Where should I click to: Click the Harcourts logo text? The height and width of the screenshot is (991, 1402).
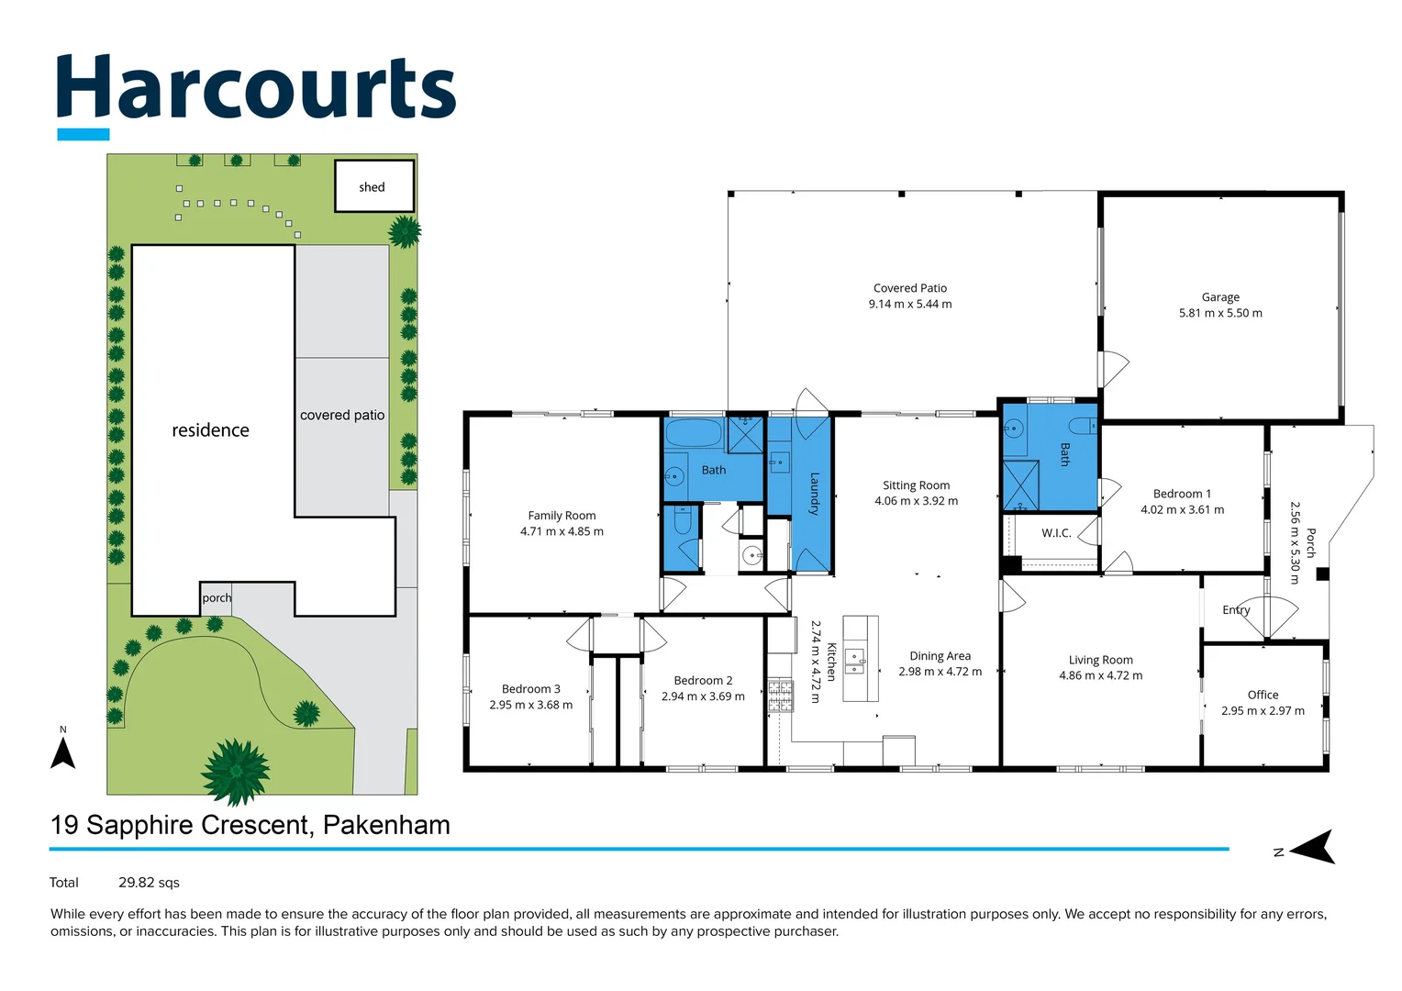pos(256,88)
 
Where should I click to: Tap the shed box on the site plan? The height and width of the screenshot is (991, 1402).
pos(373,186)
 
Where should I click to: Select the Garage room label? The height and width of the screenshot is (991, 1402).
pos(1220,297)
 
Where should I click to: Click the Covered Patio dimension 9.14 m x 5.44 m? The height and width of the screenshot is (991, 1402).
pos(910,305)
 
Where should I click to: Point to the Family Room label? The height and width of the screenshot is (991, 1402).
pos(562,516)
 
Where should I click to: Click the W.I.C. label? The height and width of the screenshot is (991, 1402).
pos(1056,533)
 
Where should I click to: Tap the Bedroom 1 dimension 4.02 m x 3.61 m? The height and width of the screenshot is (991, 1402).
pos(1182,510)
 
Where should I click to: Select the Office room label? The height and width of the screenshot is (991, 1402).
pos(1263,695)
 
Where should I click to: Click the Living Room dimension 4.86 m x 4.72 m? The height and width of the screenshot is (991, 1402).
pos(1100,676)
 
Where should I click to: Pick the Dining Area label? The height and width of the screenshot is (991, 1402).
pos(940,656)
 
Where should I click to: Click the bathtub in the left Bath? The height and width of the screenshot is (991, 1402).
pos(694,433)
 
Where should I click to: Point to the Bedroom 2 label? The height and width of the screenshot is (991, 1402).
pos(703,681)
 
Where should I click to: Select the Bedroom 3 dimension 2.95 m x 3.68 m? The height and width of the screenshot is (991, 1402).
pos(530,706)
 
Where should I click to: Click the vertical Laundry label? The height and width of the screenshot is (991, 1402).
pos(814,493)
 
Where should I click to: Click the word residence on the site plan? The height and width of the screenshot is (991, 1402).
pos(210,430)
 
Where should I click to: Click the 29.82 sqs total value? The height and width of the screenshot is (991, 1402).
pos(149,883)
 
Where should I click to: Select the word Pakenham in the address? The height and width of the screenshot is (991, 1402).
pos(386,825)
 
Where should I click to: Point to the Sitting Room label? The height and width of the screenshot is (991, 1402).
pos(916,485)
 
